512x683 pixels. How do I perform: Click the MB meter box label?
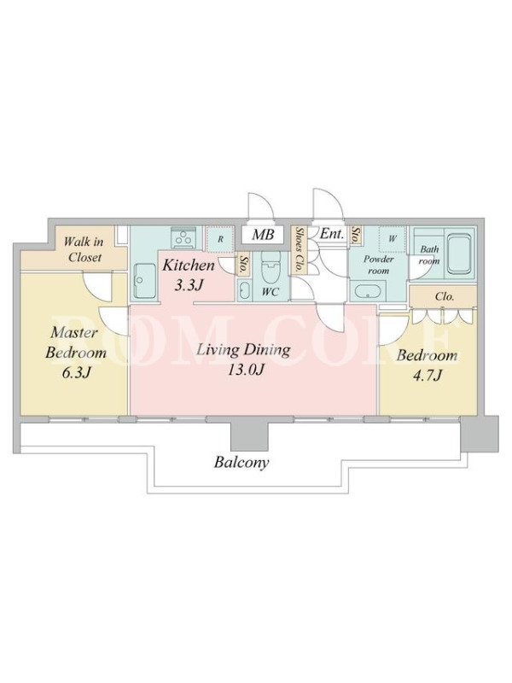click(263, 236)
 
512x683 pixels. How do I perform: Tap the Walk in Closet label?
click(84, 249)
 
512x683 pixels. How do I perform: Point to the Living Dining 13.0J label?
click(243, 359)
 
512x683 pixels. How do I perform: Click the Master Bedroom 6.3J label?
click(76, 352)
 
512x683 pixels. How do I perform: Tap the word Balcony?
click(241, 462)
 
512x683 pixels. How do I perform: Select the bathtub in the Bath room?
click(459, 254)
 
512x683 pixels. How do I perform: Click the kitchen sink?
click(145, 281)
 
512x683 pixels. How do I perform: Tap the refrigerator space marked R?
click(221, 239)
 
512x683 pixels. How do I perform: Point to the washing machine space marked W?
click(393, 239)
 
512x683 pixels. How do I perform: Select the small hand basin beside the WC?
click(245, 289)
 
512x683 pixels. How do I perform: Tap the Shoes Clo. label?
click(299, 250)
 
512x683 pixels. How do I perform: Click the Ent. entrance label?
click(332, 234)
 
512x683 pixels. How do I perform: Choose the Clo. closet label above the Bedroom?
click(445, 296)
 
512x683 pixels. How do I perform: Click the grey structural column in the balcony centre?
click(247, 434)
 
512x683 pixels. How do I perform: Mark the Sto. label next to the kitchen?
click(243, 265)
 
